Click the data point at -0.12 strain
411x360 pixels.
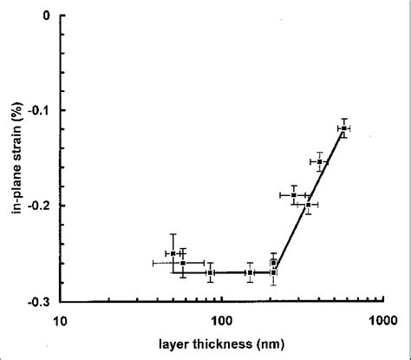pos(344,128)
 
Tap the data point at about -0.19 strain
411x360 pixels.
pos(294,195)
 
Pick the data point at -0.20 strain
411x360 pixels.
pos(308,205)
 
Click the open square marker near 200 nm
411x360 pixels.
pos(274,262)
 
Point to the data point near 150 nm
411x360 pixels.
pos(250,272)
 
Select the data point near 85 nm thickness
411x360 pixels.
pos(211,272)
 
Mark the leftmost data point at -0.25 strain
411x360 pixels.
pos(173,253)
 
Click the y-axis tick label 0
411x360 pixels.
pos(46,16)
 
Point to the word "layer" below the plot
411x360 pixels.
pos(179,344)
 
